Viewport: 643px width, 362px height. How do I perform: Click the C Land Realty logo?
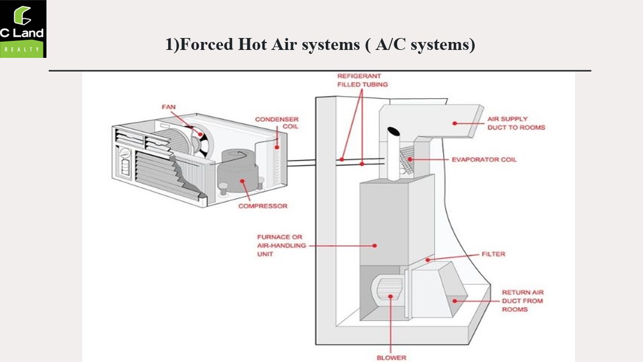(23, 28)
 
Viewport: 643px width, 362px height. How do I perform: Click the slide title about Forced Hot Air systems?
(320, 44)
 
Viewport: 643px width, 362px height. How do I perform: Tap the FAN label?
(168, 107)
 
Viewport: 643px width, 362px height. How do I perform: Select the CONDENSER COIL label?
(276, 123)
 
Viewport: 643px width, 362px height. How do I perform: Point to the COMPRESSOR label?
(262, 206)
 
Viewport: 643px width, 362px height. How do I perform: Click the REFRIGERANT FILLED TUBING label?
(363, 80)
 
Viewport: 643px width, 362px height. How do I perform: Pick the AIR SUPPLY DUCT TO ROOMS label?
(516, 123)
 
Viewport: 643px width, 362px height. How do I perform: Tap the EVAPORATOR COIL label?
(484, 159)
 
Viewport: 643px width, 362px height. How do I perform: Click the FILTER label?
(493, 254)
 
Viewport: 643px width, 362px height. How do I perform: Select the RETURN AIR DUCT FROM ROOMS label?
(522, 301)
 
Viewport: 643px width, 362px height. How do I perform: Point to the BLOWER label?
(391, 357)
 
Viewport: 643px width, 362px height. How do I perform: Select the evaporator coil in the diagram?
(406, 159)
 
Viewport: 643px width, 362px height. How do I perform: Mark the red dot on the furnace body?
(375, 246)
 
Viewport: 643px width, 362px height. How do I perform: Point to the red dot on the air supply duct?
(453, 122)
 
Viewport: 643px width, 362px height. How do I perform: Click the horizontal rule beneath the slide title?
(320, 70)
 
